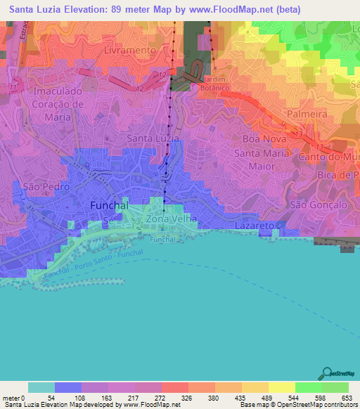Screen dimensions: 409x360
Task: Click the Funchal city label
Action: pos(110,206)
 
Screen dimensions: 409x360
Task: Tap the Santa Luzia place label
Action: pos(152,138)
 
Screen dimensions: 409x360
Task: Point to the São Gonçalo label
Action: pos(319,204)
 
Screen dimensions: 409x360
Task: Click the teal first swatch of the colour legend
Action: pos(41,387)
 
